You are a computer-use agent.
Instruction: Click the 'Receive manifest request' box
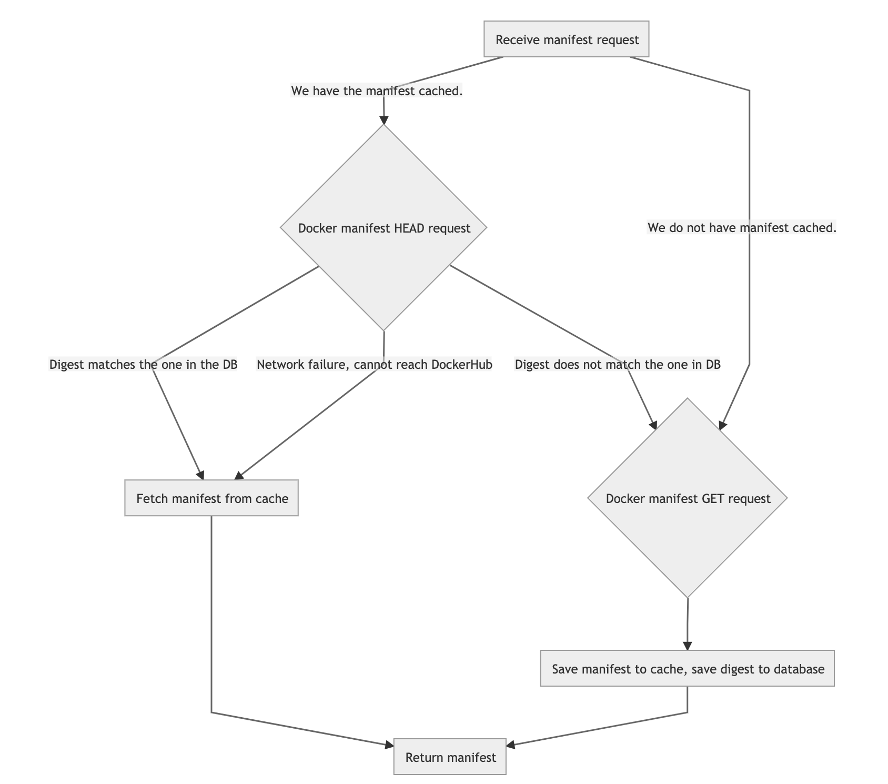(567, 39)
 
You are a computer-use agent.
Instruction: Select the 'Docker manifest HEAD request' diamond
(384, 228)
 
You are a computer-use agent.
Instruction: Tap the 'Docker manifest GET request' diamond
(688, 498)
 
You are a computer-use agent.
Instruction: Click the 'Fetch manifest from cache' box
(211, 498)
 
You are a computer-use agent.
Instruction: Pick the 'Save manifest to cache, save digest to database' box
(688, 669)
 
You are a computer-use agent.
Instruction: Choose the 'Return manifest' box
(450, 757)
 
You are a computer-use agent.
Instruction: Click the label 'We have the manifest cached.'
(377, 91)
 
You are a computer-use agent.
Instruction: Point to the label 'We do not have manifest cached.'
(742, 228)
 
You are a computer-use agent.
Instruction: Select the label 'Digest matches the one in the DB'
(143, 365)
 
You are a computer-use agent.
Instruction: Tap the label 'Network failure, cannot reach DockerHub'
(374, 365)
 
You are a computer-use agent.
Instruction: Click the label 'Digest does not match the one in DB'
(617, 365)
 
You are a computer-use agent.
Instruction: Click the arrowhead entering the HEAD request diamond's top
(384, 119)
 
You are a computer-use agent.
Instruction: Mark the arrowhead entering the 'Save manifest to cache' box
(687, 646)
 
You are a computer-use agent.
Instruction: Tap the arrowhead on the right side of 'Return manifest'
(511, 744)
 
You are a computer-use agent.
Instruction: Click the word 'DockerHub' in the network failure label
(466, 365)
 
